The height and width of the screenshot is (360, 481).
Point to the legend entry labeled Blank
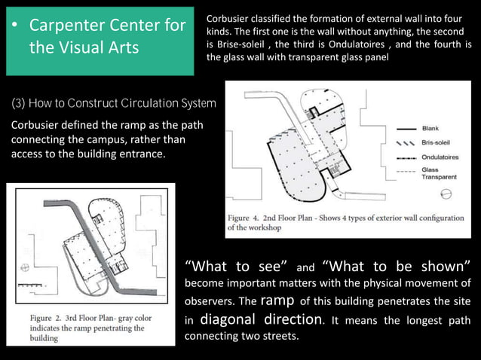coord(431,129)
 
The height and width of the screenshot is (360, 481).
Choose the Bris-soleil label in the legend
coord(437,143)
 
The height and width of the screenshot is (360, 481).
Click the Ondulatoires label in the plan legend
coord(441,157)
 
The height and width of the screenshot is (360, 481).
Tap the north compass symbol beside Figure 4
coord(446,194)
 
